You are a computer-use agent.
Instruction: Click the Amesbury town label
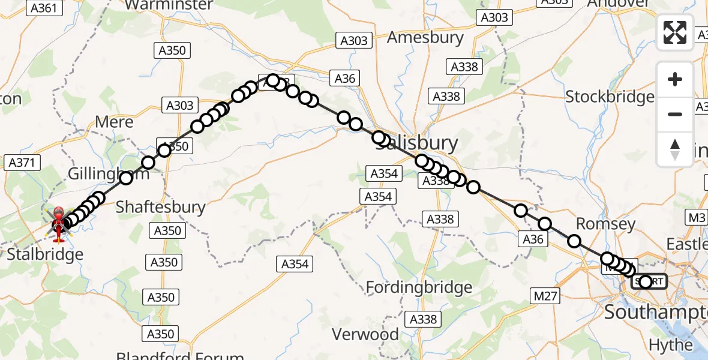(x=425, y=38)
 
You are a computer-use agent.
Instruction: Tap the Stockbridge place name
(x=610, y=97)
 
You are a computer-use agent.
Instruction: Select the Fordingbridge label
(x=419, y=288)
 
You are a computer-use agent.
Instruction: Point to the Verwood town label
(x=365, y=334)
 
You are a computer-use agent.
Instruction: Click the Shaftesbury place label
(x=160, y=208)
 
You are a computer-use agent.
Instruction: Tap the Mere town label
(x=114, y=122)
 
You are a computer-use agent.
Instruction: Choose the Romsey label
(x=605, y=224)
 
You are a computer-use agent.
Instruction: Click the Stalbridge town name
(x=45, y=254)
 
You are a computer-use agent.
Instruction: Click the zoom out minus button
(x=675, y=114)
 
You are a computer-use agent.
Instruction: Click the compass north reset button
(x=675, y=148)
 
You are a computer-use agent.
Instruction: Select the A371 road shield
(x=22, y=163)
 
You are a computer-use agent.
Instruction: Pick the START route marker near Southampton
(x=648, y=281)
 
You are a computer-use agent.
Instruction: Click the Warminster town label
(x=170, y=5)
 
